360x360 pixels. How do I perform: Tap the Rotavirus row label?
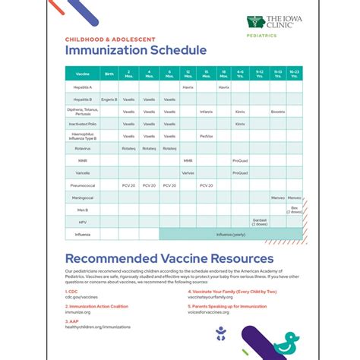[x=83, y=148]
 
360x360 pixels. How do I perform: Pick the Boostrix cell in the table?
[x=277, y=112]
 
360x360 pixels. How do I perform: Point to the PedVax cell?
[x=207, y=136]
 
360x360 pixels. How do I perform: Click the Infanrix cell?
[x=207, y=112]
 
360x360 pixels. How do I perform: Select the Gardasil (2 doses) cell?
[x=260, y=221]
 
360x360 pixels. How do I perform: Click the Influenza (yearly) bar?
[x=231, y=234]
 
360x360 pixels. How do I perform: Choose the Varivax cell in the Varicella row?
[x=207, y=172]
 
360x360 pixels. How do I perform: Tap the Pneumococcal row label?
[x=83, y=185]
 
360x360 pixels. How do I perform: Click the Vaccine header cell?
[x=83, y=74]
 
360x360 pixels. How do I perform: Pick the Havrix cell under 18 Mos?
[x=223, y=87]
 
